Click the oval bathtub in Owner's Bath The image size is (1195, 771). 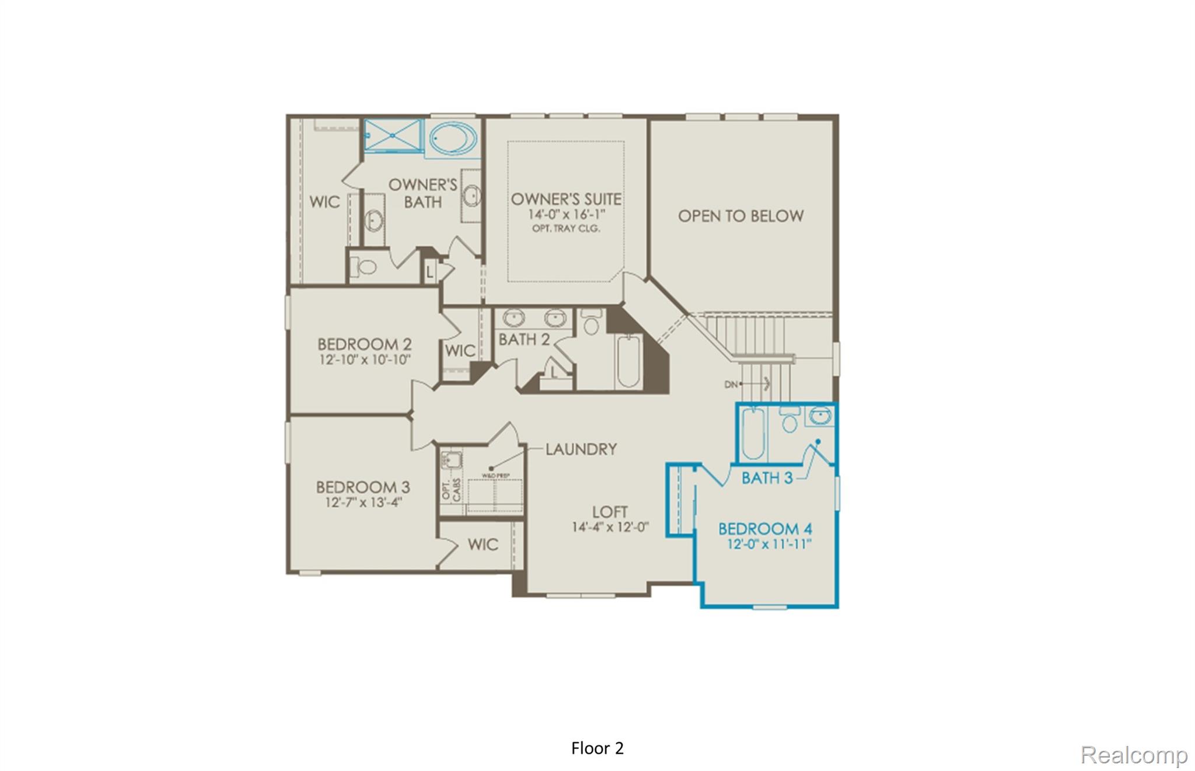point(453,138)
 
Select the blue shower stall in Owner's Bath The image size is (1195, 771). point(393,135)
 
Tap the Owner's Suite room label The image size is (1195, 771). point(566,199)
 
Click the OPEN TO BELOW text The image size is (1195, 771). point(740,216)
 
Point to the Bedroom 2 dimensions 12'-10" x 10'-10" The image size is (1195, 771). point(365,360)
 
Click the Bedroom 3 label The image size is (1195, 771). point(363,487)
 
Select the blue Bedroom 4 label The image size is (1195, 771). point(764,529)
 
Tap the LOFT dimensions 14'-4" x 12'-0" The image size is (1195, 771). point(610,527)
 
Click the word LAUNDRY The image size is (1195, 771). point(581,449)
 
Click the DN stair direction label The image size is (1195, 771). point(731,384)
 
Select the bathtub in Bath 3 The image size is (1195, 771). point(752,434)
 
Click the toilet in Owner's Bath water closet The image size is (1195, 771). point(366,267)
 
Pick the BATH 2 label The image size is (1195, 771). point(524,339)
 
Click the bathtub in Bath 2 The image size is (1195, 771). point(628,361)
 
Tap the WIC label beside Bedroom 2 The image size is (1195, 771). point(460,351)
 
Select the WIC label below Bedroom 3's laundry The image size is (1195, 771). point(483,545)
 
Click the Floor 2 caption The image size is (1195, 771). point(597,748)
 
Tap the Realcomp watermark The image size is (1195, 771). point(1133,755)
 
